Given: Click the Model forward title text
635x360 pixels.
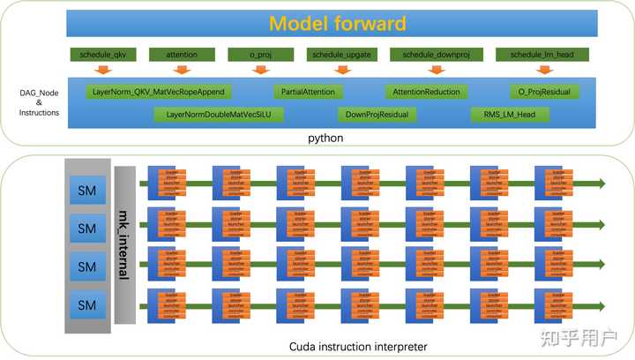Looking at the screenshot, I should click(x=338, y=24).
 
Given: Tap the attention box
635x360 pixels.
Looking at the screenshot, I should click(x=180, y=55).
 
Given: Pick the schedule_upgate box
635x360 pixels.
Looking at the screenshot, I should click(x=340, y=55).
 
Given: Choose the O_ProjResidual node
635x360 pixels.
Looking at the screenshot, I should click(x=543, y=92).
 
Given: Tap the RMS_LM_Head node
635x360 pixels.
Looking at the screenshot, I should click(x=510, y=115).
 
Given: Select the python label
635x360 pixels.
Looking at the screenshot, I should click(x=325, y=139).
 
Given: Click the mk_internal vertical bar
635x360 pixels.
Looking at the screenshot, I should click(x=124, y=245).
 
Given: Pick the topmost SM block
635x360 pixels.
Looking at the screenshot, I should click(x=87, y=190).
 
